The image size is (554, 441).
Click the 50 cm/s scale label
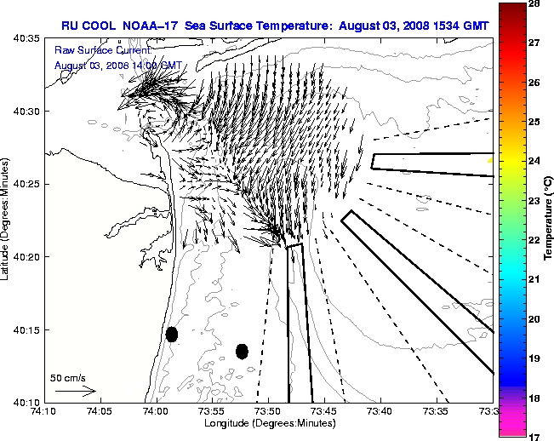point(68,377)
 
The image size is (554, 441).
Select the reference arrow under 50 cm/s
point(75,391)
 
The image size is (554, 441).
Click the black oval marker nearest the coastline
point(172,334)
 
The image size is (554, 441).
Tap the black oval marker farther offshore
point(242,351)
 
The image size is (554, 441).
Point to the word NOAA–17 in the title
point(167,26)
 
